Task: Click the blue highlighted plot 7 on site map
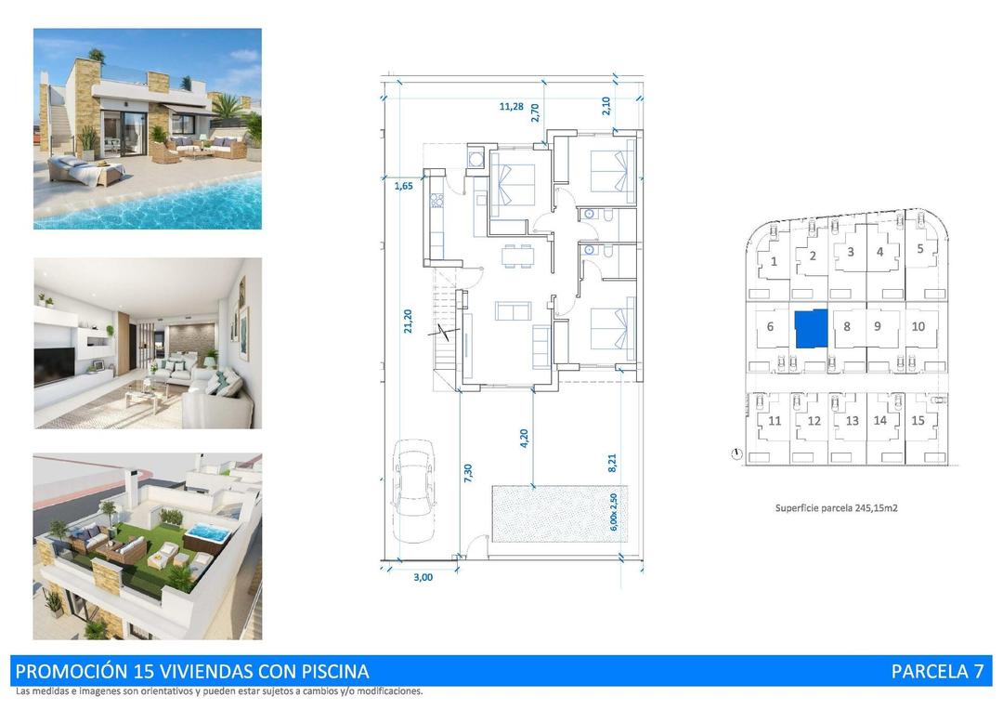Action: point(810,328)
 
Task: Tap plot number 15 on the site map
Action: point(918,420)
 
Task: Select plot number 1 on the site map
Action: point(774,261)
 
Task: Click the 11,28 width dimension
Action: point(511,106)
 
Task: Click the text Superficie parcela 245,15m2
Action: point(836,508)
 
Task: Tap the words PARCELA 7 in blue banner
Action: point(936,671)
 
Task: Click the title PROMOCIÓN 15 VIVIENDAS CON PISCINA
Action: point(192,671)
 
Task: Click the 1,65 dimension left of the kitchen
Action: point(403,187)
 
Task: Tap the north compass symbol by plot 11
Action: point(736,453)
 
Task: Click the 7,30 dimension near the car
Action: point(468,472)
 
